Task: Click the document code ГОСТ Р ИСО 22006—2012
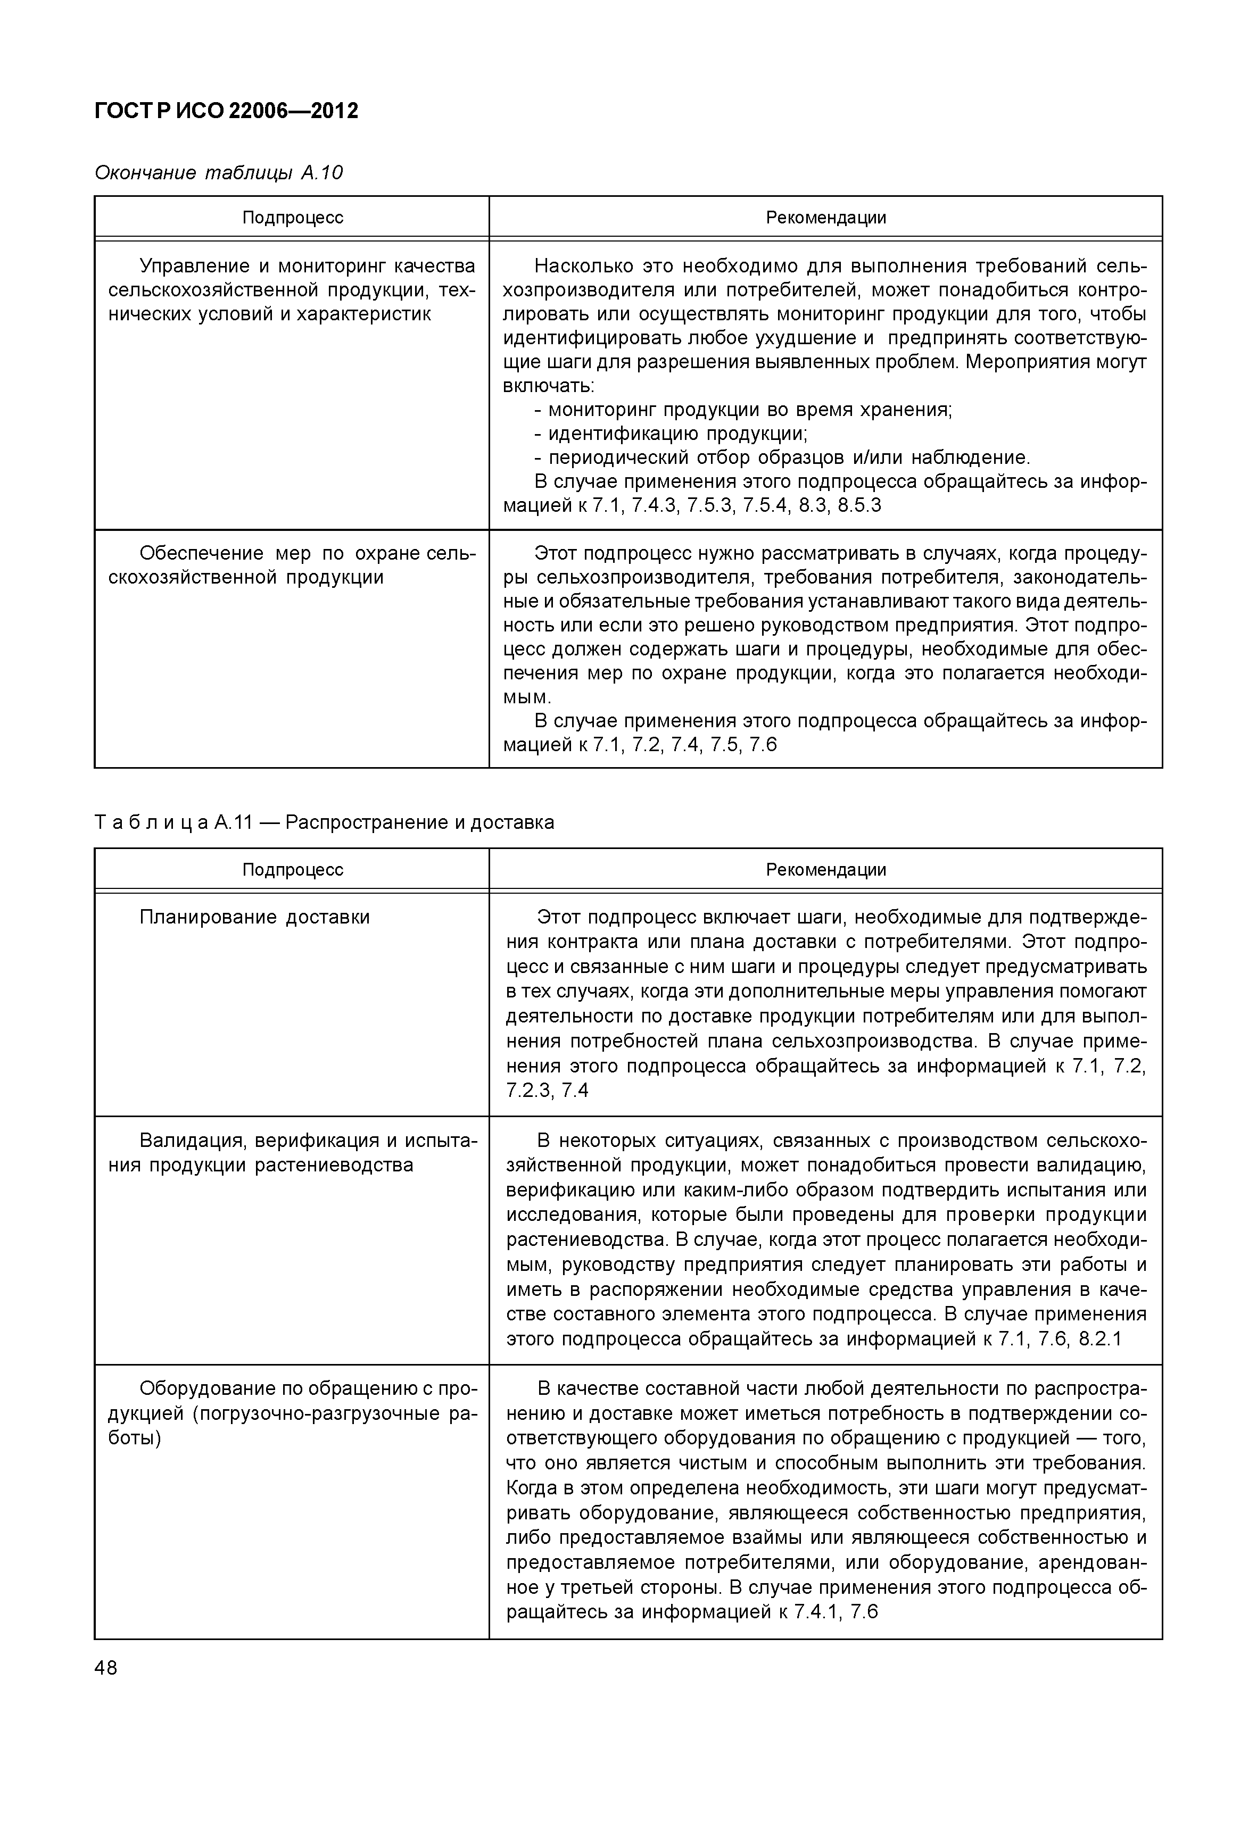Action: [226, 111]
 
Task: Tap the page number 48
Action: [105, 1668]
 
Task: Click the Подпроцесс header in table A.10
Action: [292, 218]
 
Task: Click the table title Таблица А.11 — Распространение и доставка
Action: [324, 823]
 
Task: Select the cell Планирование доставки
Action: [254, 917]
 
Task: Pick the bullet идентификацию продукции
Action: [676, 434]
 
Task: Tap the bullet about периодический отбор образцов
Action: [788, 457]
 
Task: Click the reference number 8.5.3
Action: [859, 505]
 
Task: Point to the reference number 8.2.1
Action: [1099, 1340]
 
